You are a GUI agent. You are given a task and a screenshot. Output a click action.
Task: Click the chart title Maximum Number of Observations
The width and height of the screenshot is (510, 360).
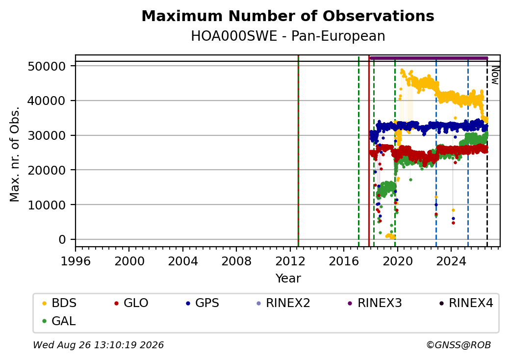pos(288,16)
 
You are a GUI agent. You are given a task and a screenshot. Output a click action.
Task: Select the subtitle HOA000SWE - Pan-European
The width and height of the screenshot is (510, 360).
pos(288,36)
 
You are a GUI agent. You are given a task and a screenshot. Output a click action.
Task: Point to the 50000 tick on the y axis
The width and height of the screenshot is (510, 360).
pos(47,66)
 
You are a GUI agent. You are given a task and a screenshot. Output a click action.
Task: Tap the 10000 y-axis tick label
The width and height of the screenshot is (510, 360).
pos(47,205)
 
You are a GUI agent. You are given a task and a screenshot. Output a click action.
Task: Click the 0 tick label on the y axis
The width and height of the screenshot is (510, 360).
pos(62,240)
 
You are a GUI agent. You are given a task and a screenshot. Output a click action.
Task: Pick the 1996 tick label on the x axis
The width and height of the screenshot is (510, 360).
pos(76,261)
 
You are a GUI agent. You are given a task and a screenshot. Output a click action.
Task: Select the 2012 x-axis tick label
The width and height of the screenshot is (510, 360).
pos(290,261)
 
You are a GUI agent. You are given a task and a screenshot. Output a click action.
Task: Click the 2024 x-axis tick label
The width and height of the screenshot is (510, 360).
pos(451,261)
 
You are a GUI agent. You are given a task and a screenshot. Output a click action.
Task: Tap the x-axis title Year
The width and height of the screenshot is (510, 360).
pos(288,279)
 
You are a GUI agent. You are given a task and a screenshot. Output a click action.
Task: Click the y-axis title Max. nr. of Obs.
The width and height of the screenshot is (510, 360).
pos(15,154)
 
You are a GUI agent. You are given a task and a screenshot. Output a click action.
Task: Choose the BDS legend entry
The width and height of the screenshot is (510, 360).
pos(59,303)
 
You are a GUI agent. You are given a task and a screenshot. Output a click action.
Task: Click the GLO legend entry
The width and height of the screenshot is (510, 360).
pos(131,303)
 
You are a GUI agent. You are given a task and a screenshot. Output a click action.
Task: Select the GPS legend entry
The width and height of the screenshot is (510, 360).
pos(203,303)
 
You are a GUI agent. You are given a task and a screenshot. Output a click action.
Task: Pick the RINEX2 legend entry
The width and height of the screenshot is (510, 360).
pos(283,303)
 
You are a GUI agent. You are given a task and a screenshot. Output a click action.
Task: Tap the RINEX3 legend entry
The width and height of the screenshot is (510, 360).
pos(375,303)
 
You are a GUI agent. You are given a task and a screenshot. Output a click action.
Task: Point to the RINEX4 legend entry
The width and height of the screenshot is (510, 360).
pos(466,303)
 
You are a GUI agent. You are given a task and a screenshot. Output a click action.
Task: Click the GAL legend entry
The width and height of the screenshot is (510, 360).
pos(59,321)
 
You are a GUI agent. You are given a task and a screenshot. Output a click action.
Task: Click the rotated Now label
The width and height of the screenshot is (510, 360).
pos(495,75)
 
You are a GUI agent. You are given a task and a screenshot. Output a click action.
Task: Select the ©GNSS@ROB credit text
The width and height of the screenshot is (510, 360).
pos(459,345)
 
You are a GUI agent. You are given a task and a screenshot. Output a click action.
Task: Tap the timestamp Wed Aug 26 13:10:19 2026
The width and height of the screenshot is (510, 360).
pos(99,345)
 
